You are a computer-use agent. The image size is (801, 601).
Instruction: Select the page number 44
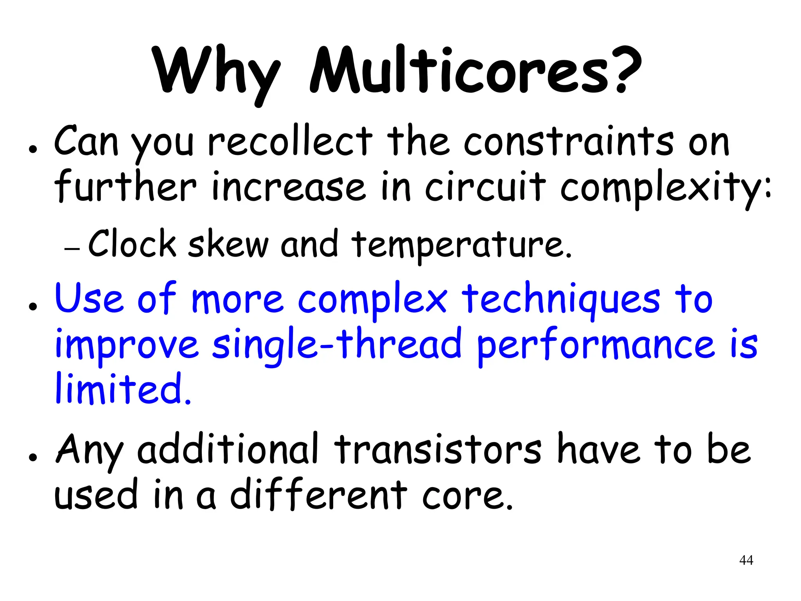(746, 560)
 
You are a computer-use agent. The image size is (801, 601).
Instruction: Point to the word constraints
(569, 142)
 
